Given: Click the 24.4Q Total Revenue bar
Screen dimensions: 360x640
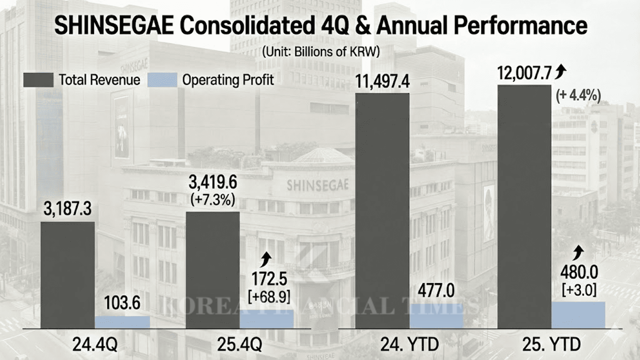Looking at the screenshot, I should pyautogui.click(x=68, y=275).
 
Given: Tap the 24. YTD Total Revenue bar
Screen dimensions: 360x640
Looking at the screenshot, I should pyautogui.click(x=382, y=211).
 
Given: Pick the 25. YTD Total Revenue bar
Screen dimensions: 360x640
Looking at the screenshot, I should pyautogui.click(x=524, y=206).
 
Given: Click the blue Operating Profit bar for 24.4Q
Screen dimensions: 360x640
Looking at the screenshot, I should pyautogui.click(x=123, y=322).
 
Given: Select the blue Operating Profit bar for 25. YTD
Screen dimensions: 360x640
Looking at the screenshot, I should pyautogui.click(x=578, y=315).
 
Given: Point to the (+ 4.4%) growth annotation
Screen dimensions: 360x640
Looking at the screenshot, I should pyautogui.click(x=578, y=96).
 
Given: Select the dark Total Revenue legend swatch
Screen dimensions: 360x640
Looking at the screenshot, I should pyautogui.click(x=38, y=80).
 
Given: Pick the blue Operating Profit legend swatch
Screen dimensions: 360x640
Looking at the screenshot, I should pyautogui.click(x=162, y=80).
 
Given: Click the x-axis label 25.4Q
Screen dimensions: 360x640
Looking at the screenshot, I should pyautogui.click(x=240, y=345).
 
